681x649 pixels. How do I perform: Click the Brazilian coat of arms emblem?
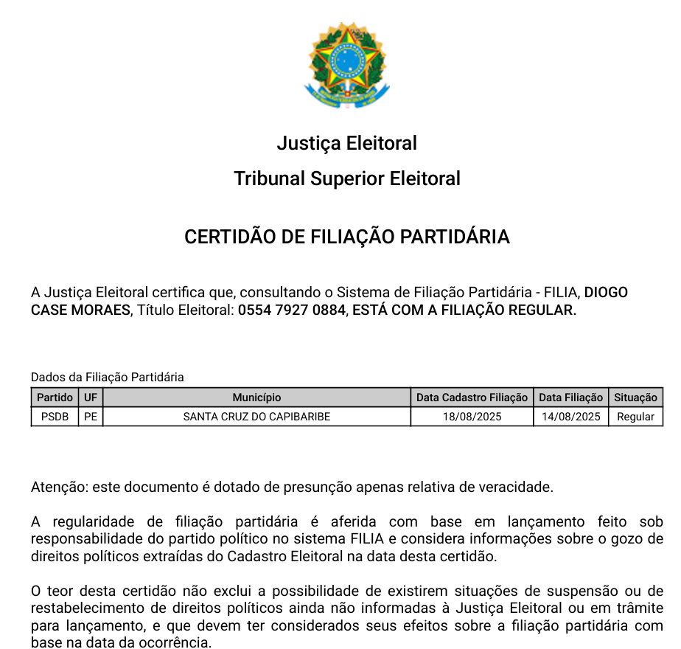[x=346, y=66]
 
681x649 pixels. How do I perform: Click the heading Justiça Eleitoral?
[x=346, y=143]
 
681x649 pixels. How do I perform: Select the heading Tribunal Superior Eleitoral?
[x=346, y=178]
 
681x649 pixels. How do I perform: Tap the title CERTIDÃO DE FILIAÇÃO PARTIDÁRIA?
[x=346, y=237]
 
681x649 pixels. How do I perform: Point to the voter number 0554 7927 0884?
[x=291, y=310]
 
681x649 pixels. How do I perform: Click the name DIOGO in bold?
[x=606, y=293]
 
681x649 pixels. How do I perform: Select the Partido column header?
[x=55, y=398]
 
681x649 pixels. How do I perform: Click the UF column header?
[x=91, y=398]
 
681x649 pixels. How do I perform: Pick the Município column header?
[x=256, y=398]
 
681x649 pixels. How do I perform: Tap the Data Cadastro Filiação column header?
[x=472, y=398]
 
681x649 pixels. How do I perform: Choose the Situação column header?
[x=635, y=398]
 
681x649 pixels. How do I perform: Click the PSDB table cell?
[x=55, y=417]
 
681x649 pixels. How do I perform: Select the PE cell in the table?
[x=91, y=417]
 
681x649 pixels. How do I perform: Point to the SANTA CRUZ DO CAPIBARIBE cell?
[x=256, y=417]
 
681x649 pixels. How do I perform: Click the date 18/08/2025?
[x=472, y=417]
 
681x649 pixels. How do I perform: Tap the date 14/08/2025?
[x=571, y=417]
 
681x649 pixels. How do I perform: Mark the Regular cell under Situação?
[x=635, y=417]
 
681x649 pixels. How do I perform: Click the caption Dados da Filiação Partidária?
[x=108, y=378]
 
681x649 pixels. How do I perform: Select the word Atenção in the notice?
[x=56, y=487]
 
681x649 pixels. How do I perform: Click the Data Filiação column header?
[x=571, y=398]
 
